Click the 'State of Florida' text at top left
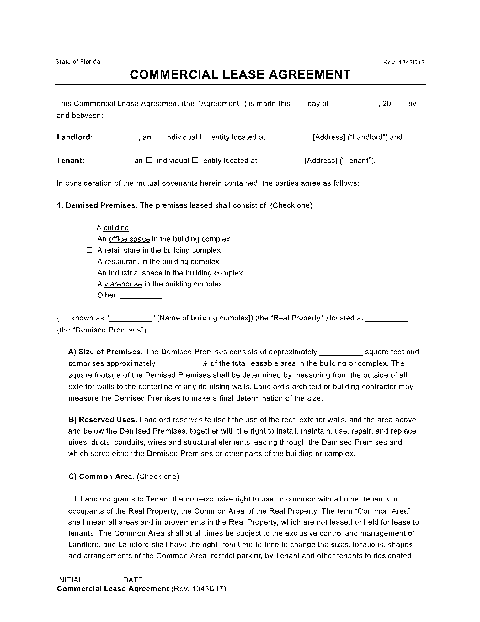pyautogui.click(x=78, y=62)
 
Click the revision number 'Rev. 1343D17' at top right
pyautogui.click(x=404, y=62)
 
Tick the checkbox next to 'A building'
pyautogui.click(x=89, y=227)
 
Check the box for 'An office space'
pyautogui.click(x=89, y=239)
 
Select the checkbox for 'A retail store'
pyautogui.click(x=89, y=250)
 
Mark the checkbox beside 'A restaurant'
pyautogui.click(x=89, y=261)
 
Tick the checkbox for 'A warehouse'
pyautogui.click(x=89, y=284)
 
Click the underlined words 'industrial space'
pyautogui.click(x=136, y=273)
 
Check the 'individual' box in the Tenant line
pyautogui.click(x=149, y=161)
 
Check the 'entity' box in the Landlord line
pyautogui.click(x=203, y=137)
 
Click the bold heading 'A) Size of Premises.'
pyautogui.click(x=106, y=352)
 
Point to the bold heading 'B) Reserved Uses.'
pyautogui.click(x=103, y=420)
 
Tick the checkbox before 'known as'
pyautogui.click(x=63, y=318)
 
